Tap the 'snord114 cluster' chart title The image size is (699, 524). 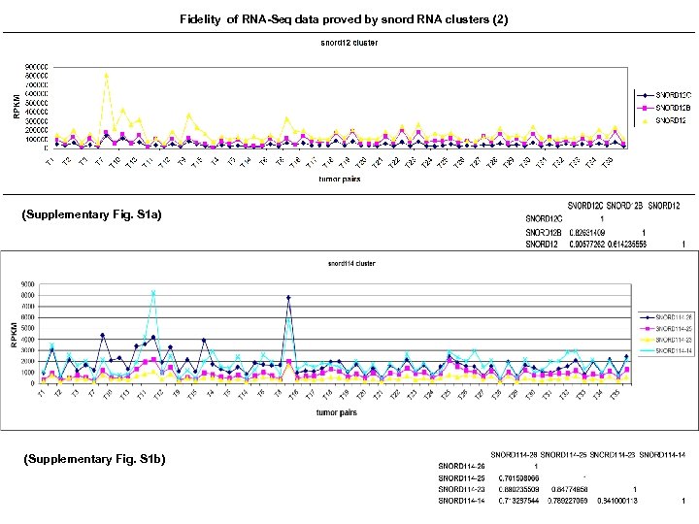click(350, 263)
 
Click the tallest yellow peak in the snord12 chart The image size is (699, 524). click(107, 75)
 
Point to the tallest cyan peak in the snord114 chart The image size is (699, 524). click(153, 291)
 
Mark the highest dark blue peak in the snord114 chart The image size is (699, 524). click(288, 298)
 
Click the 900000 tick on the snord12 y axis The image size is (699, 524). click(36, 67)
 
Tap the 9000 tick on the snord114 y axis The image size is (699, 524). click(30, 283)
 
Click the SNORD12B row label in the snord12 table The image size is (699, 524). click(545, 233)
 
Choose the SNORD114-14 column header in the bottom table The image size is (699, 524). click(664, 454)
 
